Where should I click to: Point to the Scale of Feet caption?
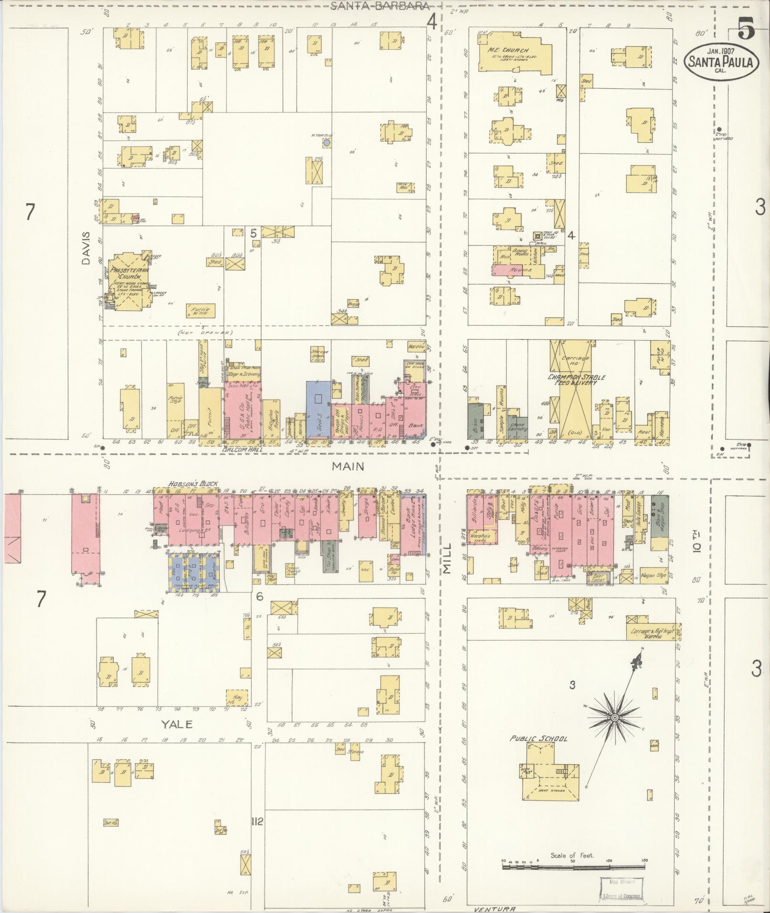(x=572, y=856)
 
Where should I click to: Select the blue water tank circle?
(x=327, y=143)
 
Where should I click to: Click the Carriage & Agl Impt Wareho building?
(x=651, y=633)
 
